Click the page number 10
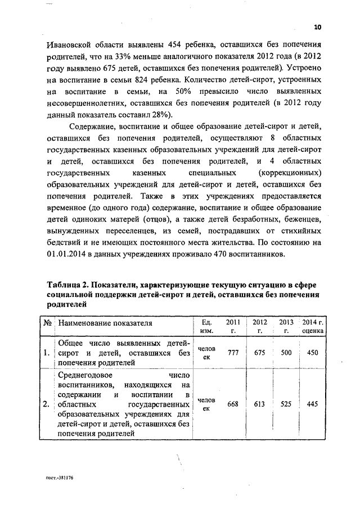pos(317,26)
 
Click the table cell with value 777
pos(232,353)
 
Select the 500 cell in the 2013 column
pos(286,353)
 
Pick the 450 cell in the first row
pos(313,353)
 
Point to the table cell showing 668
pos(232,404)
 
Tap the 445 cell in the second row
pos(313,404)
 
